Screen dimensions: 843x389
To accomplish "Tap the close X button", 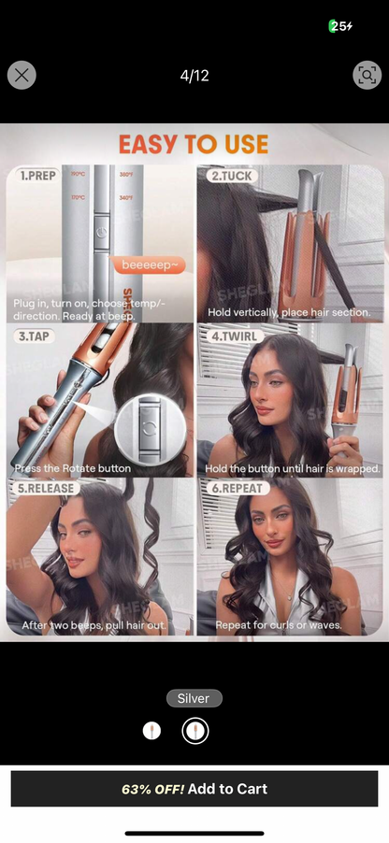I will (x=22, y=75).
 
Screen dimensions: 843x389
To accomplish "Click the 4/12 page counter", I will (x=194, y=76).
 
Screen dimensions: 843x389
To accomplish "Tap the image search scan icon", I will (x=367, y=75).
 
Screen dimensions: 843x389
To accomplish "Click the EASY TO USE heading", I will (x=194, y=145).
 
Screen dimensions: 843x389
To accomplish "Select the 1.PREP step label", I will (x=40, y=175).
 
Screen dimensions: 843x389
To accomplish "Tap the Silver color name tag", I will (x=194, y=698).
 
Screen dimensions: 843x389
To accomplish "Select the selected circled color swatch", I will (x=195, y=731).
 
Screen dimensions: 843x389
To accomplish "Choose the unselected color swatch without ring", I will (x=151, y=731).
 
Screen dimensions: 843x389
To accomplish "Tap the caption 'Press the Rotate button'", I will (x=72, y=467).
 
